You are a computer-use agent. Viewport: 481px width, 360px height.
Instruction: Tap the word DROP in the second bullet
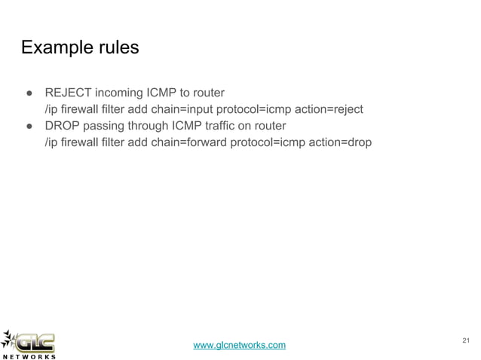[65, 125]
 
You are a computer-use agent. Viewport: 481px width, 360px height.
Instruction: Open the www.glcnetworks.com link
[240, 345]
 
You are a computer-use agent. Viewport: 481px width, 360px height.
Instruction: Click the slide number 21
[464, 340]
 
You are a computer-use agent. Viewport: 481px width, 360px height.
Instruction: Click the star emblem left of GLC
[10, 339]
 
